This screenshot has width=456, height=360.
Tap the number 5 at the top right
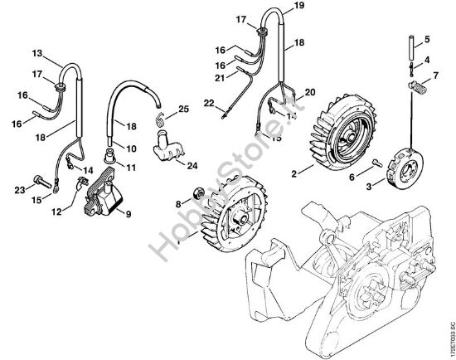[427, 39]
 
